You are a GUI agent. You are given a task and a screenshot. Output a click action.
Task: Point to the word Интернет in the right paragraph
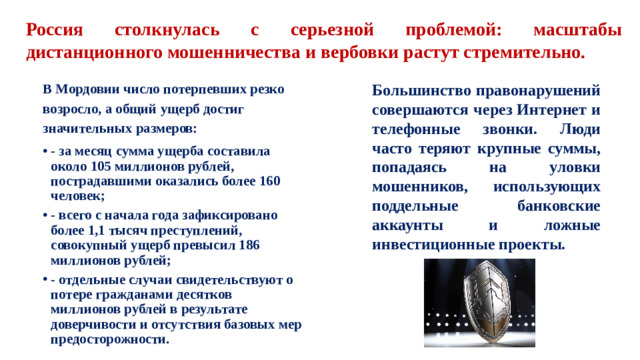pos(554,109)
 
